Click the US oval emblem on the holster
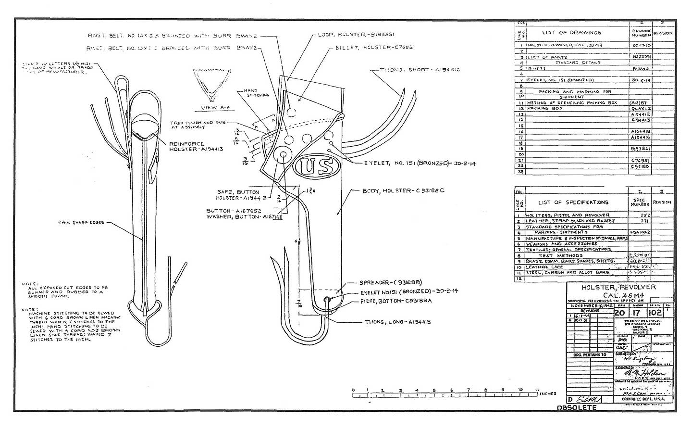pyautogui.click(x=316, y=166)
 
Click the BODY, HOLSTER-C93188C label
pyautogui.click(x=404, y=190)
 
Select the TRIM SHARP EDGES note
pyautogui.click(x=81, y=223)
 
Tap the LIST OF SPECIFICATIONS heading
pyautogui.click(x=573, y=202)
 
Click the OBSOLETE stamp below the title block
pyautogui.click(x=576, y=407)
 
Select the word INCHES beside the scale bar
pyautogui.click(x=548, y=393)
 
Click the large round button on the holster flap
pyautogui.click(x=283, y=155)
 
